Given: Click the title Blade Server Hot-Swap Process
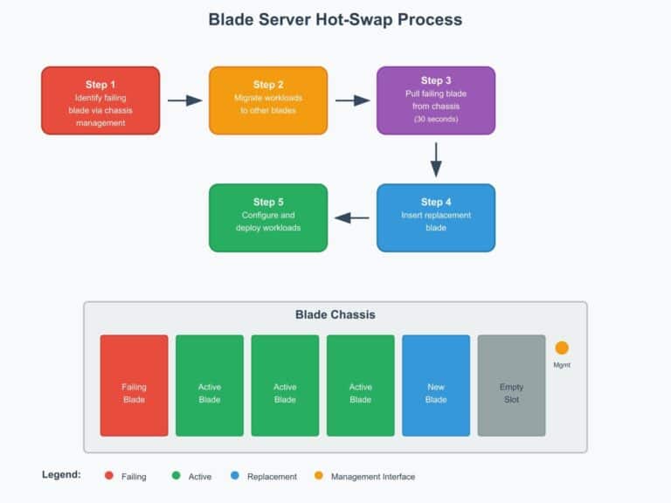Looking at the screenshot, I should [335, 19].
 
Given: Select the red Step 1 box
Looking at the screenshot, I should [100, 100].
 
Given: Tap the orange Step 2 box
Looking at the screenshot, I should [268, 100].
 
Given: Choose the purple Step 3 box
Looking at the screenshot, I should [436, 100].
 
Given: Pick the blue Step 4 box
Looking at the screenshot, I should [436, 217].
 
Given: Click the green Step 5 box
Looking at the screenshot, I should [268, 217].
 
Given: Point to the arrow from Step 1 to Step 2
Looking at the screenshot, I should [184, 100].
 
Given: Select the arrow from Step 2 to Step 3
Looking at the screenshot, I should [352, 100].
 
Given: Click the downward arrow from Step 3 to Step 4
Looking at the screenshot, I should [436, 159].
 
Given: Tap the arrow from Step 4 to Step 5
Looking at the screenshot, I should [352, 217].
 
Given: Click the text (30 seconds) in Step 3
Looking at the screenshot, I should [436, 119].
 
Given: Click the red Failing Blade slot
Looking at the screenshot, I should [134, 385].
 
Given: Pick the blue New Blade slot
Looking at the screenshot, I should [436, 385].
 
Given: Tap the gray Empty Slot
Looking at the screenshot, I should [511, 385].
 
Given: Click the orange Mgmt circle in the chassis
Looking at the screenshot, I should [562, 348].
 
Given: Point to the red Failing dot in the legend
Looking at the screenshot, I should [109, 476].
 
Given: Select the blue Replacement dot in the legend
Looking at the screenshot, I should [235, 476].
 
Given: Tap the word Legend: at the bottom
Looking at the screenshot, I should [61, 475].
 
